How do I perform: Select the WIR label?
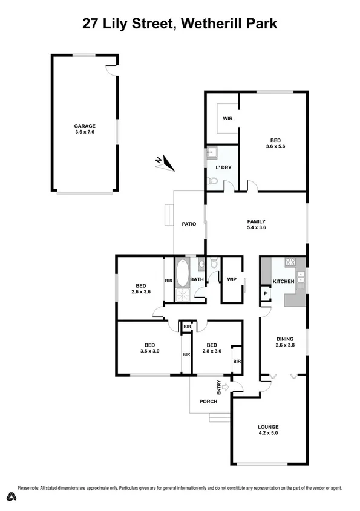click(228, 118)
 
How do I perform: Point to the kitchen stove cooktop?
click(289, 262)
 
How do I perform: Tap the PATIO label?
click(189, 224)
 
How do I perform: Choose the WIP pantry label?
click(231, 279)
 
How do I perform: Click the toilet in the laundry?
click(212, 181)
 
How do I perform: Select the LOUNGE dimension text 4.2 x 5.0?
click(267, 434)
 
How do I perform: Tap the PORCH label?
click(208, 402)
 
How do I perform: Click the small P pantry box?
click(265, 294)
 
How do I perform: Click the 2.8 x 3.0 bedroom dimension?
click(212, 351)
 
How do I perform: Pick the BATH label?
click(197, 279)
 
